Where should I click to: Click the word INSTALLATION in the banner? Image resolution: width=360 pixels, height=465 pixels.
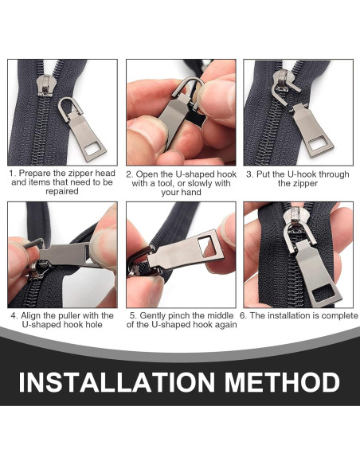pyautogui.click(x=116, y=381)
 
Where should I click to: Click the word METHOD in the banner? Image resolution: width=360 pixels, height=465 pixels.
pyautogui.click(x=282, y=381)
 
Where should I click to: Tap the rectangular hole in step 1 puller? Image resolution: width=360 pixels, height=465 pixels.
pyautogui.click(x=92, y=149)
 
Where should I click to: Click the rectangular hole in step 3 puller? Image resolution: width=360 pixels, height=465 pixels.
pyautogui.click(x=317, y=145)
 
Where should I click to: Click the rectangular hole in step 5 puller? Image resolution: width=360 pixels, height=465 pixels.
pyautogui.click(x=207, y=246)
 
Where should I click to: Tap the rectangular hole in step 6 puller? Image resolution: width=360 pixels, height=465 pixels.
pyautogui.click(x=322, y=294)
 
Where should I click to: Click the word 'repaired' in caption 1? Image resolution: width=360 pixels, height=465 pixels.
pyautogui.click(x=62, y=191)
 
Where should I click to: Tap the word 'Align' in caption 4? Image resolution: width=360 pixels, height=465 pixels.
pyautogui.click(x=30, y=315)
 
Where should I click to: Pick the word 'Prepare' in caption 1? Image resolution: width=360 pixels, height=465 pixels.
pyautogui.click(x=34, y=173)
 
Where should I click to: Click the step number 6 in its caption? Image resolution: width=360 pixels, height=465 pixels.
pyautogui.click(x=243, y=315)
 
